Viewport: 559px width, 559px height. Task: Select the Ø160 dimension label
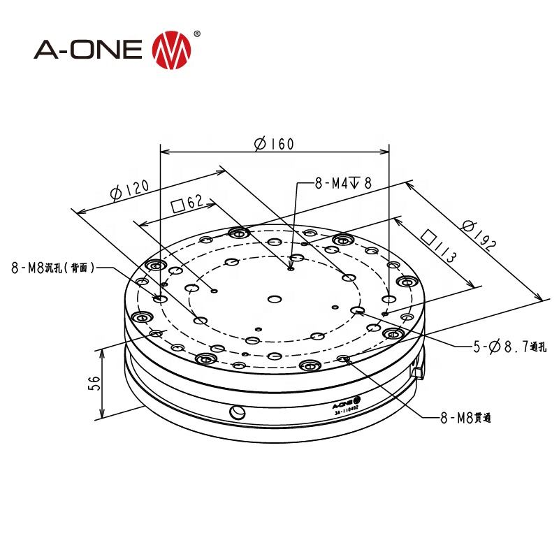(274, 144)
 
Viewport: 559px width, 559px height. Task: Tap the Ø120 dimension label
(130, 189)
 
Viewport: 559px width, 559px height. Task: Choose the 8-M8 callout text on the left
(52, 267)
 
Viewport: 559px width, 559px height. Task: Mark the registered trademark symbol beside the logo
(196, 34)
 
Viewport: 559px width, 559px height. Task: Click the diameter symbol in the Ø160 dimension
(260, 144)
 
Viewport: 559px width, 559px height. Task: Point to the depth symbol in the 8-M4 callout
(354, 184)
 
